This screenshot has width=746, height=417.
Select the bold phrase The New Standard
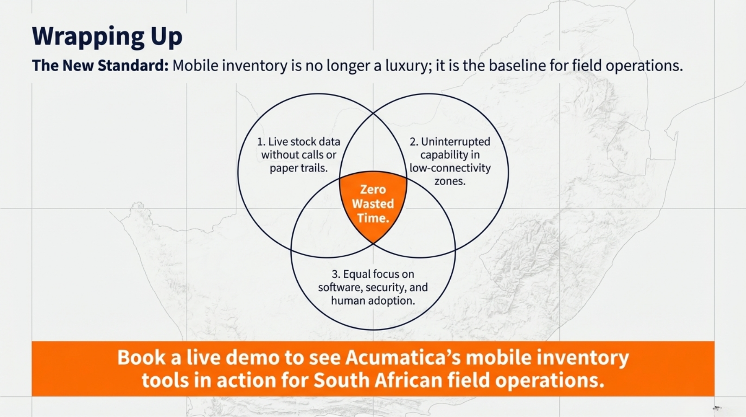[100, 66]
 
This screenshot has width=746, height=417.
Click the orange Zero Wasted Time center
[373, 204]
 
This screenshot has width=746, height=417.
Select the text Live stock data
[304, 142]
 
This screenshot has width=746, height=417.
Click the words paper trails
[299, 168]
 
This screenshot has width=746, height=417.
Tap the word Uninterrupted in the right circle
[456, 142]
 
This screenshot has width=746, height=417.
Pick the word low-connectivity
[450, 168]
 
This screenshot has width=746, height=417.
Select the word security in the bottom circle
[385, 288]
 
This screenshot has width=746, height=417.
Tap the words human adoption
[373, 301]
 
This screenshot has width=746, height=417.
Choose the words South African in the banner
[378, 380]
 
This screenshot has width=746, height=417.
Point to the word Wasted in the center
[373, 204]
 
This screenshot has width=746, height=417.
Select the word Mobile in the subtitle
[196, 66]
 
